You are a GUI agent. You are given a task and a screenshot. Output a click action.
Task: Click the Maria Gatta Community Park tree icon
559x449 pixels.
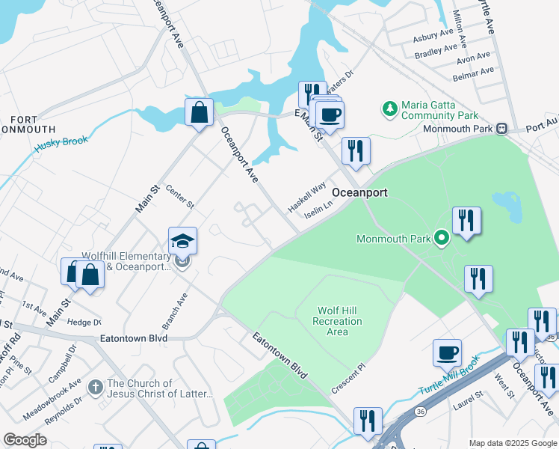(389, 110)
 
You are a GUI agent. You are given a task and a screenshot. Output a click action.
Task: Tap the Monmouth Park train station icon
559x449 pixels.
(502, 128)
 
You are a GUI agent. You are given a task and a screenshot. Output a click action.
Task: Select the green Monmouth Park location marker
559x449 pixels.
(442, 239)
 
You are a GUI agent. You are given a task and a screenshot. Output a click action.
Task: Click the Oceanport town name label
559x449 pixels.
(359, 192)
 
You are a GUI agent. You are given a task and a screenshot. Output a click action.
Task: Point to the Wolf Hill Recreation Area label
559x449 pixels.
(339, 321)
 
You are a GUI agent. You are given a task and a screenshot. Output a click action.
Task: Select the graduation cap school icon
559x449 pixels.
(182, 241)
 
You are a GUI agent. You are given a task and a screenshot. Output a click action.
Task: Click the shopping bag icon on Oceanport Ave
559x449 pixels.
(200, 114)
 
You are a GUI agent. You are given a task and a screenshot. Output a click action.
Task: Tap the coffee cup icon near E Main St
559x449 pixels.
(329, 115)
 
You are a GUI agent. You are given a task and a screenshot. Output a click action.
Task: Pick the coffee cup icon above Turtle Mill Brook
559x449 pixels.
(447, 352)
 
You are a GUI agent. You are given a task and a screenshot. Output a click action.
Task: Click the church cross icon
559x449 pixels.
(95, 388)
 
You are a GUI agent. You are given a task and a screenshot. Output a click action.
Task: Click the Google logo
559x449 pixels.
(25, 440)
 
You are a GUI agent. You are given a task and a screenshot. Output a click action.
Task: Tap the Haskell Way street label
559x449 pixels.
(307, 196)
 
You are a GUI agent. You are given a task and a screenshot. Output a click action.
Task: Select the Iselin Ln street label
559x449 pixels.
(318, 210)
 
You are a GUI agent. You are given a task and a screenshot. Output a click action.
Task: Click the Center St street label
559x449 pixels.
(179, 198)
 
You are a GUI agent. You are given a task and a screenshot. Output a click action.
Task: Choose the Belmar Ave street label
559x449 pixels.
(472, 72)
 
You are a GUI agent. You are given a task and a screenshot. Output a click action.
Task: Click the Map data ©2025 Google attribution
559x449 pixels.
(512, 442)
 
